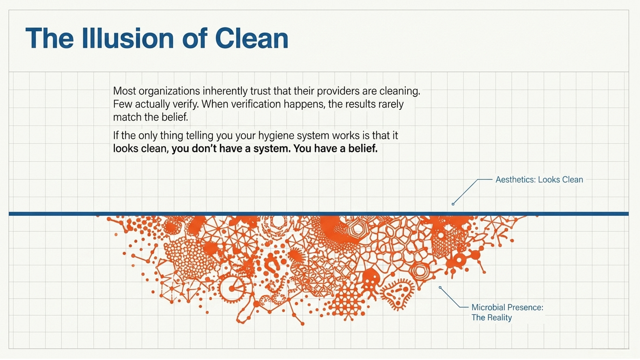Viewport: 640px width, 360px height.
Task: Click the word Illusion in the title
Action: (x=128, y=38)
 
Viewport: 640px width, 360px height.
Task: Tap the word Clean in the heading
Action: (x=251, y=38)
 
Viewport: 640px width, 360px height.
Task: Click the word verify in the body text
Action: (x=185, y=105)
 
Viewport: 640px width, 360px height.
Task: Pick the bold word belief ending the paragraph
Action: (x=363, y=149)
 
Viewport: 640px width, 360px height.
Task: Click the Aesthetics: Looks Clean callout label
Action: (x=539, y=180)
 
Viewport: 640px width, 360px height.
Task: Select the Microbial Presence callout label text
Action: (x=507, y=307)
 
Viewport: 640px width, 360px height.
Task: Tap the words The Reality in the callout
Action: (x=491, y=318)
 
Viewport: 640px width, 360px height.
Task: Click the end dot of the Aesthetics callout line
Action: (x=453, y=204)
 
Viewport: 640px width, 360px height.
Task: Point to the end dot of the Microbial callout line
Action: (x=440, y=287)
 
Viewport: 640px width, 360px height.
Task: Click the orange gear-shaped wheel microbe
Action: (x=231, y=288)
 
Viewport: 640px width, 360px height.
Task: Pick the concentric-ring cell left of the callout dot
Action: (x=420, y=272)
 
